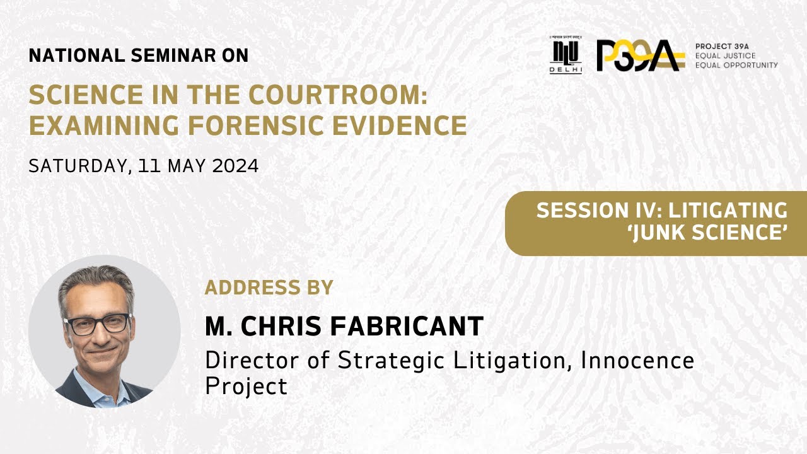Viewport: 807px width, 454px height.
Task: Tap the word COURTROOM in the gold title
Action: coord(337,95)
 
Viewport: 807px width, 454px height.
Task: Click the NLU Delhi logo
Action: coord(566,55)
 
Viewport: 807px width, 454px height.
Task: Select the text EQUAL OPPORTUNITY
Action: coord(736,65)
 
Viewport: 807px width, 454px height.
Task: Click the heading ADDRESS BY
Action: coord(269,288)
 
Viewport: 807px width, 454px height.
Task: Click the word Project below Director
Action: coord(246,385)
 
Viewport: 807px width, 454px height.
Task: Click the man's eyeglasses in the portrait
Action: coord(98,323)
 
